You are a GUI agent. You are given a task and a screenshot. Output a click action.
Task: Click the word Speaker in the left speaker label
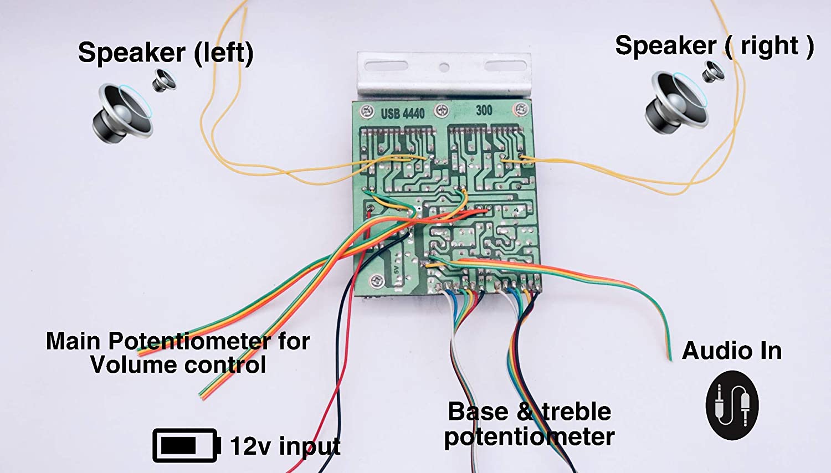coord(132,53)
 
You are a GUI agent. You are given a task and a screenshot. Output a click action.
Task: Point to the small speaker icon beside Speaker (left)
coord(164,81)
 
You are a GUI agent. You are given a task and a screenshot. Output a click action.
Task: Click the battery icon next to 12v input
coord(186,445)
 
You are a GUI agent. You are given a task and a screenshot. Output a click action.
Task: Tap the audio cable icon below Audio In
coord(732,405)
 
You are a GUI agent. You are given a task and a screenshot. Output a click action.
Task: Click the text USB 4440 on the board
coord(403,114)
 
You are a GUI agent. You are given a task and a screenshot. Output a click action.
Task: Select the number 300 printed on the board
coord(484,110)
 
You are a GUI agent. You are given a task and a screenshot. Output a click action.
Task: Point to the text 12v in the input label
coord(249,446)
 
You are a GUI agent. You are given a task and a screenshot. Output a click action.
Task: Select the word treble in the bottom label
coord(576,412)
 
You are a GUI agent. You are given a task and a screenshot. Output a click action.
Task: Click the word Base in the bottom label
coord(478,412)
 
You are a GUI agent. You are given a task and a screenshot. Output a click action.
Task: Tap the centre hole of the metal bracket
coord(444,68)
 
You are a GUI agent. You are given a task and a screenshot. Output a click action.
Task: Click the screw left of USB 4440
coord(367,111)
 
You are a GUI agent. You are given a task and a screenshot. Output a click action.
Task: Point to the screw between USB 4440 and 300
coord(441,110)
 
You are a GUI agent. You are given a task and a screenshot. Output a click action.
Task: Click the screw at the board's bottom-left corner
coord(377,281)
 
